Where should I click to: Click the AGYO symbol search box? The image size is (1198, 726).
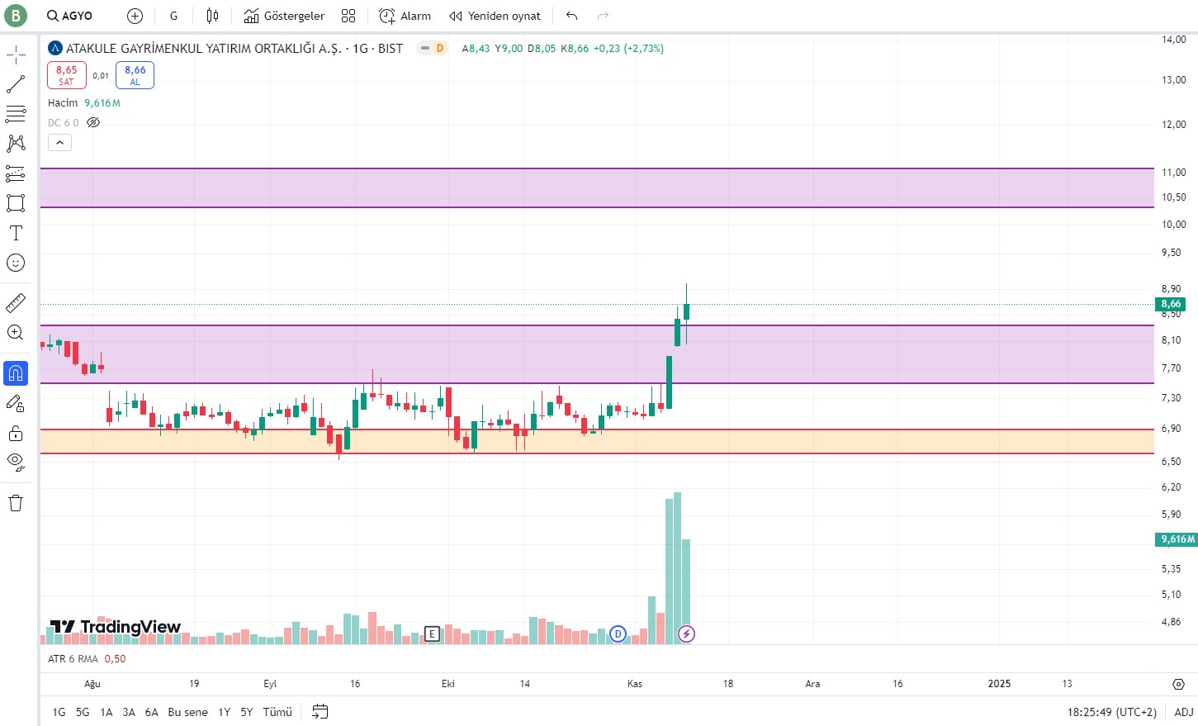[70, 16]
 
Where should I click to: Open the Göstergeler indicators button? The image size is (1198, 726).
[284, 16]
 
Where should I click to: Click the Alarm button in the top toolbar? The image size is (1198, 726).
[405, 16]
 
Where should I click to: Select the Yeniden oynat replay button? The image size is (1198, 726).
[495, 16]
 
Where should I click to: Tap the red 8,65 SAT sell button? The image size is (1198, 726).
[67, 75]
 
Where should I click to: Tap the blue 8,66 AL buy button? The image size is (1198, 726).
[135, 75]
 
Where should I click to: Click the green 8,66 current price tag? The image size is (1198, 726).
[1171, 304]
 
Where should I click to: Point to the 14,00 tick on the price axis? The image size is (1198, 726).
[1173, 40]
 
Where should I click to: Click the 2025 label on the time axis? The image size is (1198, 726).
[999, 683]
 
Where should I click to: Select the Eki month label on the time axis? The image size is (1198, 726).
[448, 683]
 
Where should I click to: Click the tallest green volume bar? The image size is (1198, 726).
[677, 567]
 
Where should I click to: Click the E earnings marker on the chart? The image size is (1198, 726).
[432, 633]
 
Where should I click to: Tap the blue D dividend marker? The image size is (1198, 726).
[618, 634]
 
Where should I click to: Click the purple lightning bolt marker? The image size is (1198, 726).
[686, 634]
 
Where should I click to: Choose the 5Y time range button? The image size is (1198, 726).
[247, 712]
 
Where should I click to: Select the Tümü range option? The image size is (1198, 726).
[277, 712]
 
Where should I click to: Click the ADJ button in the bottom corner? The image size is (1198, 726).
[1184, 712]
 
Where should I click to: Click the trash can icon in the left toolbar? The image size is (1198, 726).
[16, 503]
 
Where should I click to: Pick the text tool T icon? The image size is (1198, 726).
[16, 234]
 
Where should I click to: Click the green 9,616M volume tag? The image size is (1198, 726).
[1177, 539]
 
